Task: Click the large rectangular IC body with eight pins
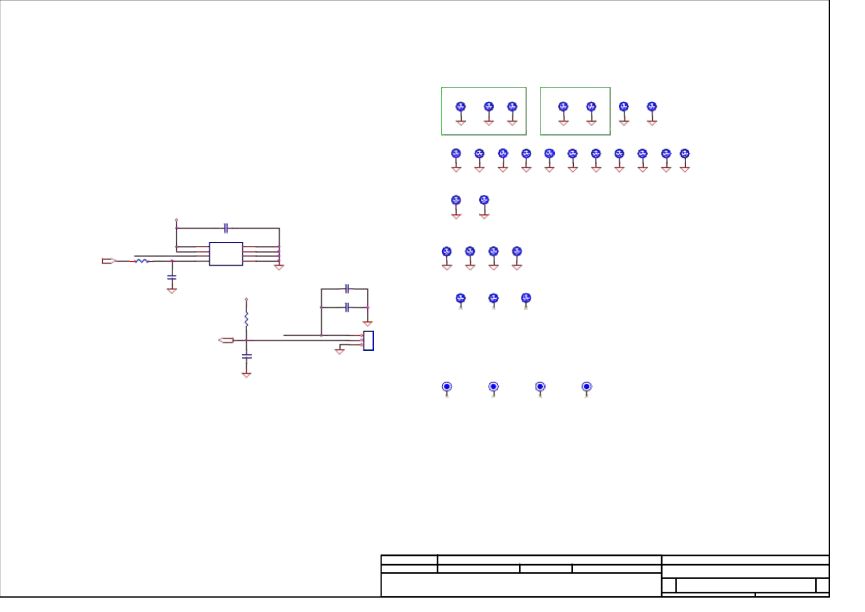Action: (x=226, y=254)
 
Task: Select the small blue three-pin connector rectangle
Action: (x=368, y=340)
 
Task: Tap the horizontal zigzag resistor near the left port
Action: (x=142, y=261)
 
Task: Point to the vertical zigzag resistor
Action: (x=247, y=319)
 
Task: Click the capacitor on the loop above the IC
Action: (x=226, y=228)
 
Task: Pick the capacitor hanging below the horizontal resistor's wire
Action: (x=172, y=277)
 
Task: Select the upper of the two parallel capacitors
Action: (x=347, y=289)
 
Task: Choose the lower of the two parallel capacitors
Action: (x=347, y=308)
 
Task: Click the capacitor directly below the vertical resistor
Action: (x=247, y=356)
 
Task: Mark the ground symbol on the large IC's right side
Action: (x=279, y=267)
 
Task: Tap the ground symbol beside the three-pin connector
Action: (x=340, y=351)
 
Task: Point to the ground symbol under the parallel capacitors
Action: (x=368, y=323)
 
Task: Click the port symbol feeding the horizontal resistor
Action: (x=108, y=261)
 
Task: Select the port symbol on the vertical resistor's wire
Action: (x=226, y=340)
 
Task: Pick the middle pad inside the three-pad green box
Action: (x=488, y=107)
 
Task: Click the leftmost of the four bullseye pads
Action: (x=447, y=387)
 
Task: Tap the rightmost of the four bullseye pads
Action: (x=587, y=387)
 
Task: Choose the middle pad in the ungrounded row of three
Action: (x=493, y=298)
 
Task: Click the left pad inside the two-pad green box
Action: (x=563, y=107)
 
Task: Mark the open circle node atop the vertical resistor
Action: (x=247, y=299)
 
